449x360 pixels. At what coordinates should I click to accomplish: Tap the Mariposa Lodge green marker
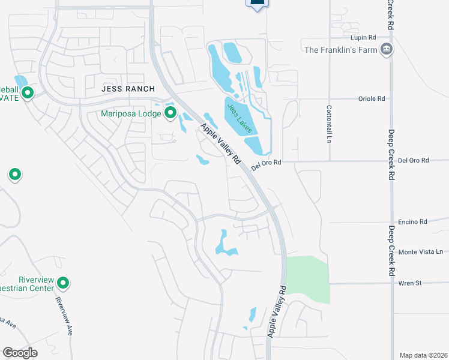170,112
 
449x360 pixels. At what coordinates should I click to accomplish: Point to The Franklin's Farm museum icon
387,50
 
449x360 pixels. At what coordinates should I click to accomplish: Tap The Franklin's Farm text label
340,50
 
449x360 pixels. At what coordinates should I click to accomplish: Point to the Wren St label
410,283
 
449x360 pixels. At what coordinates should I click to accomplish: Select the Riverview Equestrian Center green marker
63,283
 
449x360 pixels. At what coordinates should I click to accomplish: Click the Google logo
20,353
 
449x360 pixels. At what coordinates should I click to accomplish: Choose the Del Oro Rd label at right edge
414,160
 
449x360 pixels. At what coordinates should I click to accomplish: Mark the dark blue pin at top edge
257,4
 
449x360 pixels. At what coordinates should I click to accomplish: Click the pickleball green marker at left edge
28,93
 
